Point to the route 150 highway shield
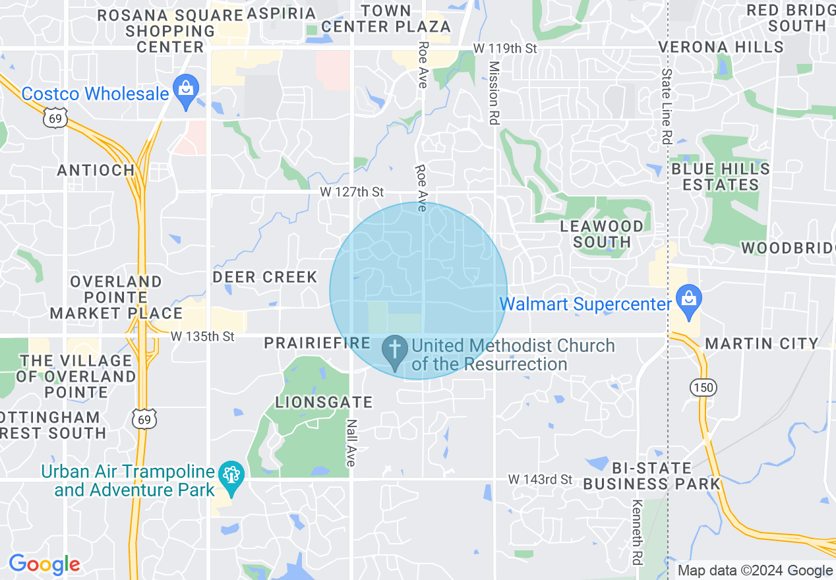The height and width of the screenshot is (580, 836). (x=704, y=388)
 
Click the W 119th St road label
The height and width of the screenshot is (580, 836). (x=505, y=49)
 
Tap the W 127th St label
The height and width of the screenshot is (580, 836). (x=351, y=192)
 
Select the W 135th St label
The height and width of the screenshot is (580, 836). (x=202, y=337)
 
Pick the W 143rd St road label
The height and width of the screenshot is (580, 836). (x=540, y=479)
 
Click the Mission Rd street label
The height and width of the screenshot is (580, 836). (x=493, y=93)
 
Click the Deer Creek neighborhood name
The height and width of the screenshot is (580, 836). (x=265, y=277)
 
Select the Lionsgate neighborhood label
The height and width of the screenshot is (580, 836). (x=324, y=402)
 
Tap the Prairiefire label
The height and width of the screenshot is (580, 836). (x=317, y=343)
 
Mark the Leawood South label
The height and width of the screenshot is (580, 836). (x=601, y=234)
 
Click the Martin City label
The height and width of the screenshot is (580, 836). (x=761, y=343)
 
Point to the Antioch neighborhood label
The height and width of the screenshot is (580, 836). (x=96, y=171)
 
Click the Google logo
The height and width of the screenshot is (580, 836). (x=44, y=564)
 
